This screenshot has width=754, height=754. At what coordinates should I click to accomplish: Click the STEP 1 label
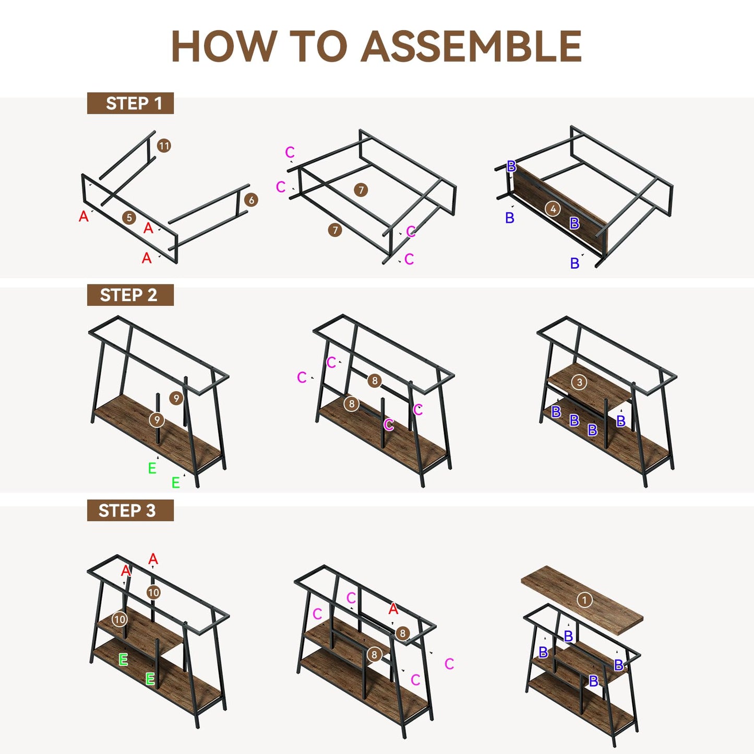130,103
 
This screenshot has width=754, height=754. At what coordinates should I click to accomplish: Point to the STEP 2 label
130,295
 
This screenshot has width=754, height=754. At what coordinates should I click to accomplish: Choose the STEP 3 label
130,510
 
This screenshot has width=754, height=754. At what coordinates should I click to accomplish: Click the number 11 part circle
164,146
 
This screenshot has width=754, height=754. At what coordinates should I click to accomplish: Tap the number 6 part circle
251,200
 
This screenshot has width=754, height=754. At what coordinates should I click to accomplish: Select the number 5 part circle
129,218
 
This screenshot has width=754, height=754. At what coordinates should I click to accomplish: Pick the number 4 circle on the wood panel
553,209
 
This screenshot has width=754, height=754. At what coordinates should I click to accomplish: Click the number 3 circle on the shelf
579,382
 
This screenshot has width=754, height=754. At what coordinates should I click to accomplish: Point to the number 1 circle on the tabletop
584,600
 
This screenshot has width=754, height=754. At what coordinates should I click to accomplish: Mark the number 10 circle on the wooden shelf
119,619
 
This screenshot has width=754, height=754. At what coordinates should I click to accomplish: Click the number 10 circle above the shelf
154,592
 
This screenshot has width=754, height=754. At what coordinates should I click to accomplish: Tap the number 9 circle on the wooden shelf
157,420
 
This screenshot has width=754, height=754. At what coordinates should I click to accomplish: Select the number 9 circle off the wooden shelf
176,398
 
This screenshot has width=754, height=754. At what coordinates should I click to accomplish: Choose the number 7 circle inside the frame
361,190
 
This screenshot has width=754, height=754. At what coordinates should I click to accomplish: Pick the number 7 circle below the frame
335,230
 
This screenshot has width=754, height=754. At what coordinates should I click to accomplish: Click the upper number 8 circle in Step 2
375,380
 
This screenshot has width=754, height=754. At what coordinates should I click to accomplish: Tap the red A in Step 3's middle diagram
393,609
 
